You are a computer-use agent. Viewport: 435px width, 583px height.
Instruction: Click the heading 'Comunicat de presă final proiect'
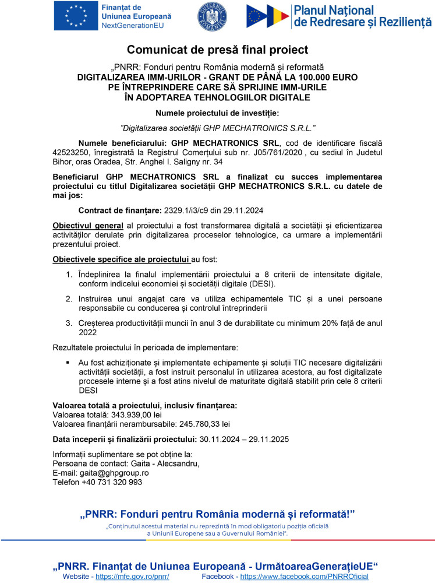tap(217, 50)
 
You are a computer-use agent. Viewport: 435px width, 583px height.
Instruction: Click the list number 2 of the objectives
tap(68, 298)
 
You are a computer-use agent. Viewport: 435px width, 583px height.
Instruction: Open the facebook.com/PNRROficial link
tap(304, 577)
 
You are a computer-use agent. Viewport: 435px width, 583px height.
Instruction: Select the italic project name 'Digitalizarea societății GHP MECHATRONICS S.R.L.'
tap(217, 127)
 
